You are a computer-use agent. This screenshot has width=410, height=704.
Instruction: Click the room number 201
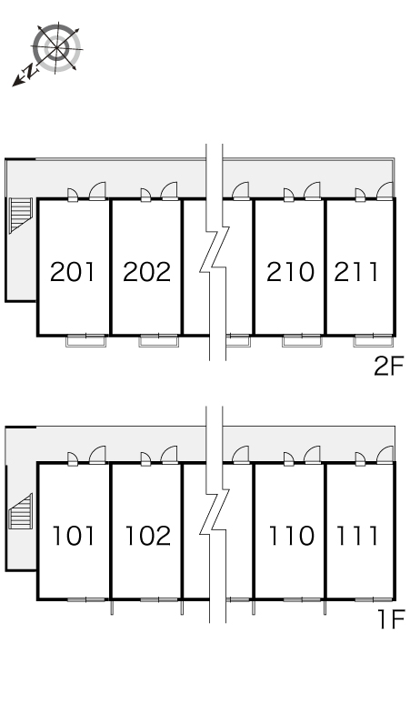(x=73, y=272)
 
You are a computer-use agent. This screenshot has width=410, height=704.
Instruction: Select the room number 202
(x=147, y=272)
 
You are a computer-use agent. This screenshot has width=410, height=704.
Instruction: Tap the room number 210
(x=290, y=272)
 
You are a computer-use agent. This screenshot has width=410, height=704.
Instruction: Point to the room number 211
(x=356, y=272)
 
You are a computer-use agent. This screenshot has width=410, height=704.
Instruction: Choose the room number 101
(x=74, y=536)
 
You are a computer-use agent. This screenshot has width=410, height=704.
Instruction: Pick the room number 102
(x=148, y=536)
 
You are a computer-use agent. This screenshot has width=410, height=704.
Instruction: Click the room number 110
(x=291, y=536)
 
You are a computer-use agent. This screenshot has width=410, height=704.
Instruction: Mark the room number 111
(x=357, y=536)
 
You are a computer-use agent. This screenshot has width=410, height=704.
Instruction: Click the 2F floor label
(x=389, y=367)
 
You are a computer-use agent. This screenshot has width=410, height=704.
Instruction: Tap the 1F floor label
(x=391, y=619)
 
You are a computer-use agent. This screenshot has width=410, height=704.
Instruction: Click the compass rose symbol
(x=57, y=47)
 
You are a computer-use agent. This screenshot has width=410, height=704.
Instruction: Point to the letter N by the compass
(x=30, y=70)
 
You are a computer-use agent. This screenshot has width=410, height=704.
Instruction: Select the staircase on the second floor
(x=21, y=216)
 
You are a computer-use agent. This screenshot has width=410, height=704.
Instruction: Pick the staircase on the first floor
(x=21, y=511)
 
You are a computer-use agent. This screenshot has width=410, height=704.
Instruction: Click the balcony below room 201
(x=86, y=341)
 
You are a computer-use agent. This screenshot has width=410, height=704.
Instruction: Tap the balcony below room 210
(x=303, y=341)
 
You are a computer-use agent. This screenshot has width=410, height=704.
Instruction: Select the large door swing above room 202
(x=170, y=191)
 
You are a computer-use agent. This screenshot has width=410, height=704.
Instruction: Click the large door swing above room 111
(x=385, y=455)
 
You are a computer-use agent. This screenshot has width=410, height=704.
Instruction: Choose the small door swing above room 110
(x=288, y=458)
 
